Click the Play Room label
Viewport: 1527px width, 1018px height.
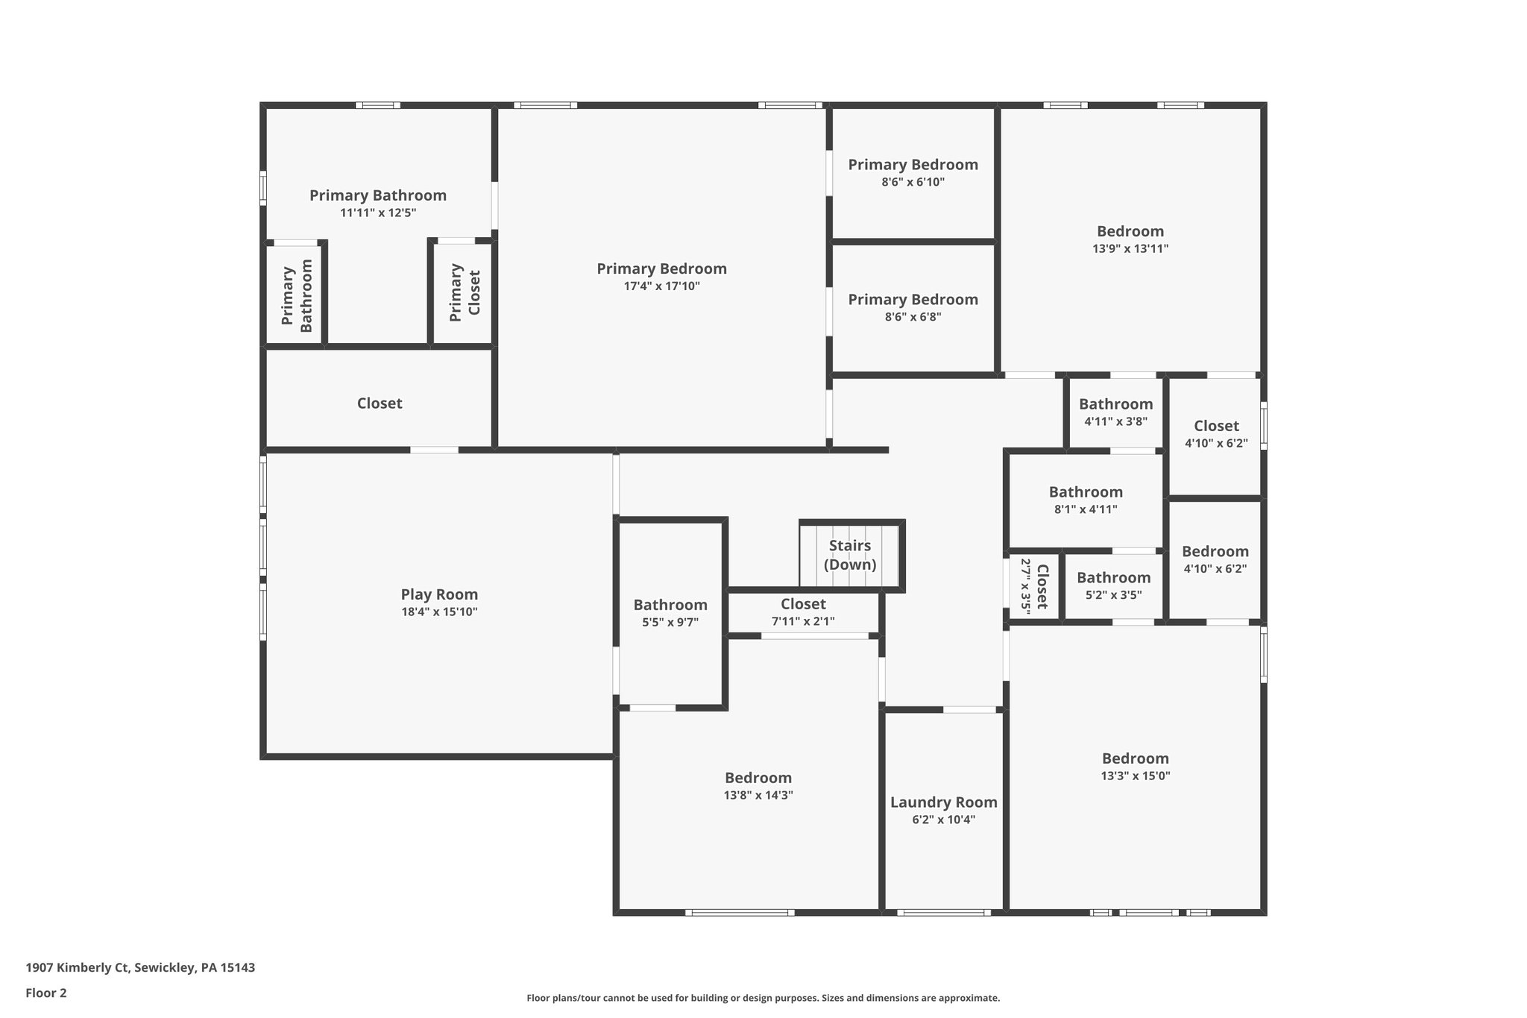point(439,594)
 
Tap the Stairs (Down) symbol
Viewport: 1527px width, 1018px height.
point(852,556)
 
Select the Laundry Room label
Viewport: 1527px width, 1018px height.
point(943,802)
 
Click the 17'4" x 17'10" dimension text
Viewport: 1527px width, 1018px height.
point(662,286)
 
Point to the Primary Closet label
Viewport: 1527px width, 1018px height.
point(465,293)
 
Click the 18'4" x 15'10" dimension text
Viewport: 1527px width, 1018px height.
point(439,612)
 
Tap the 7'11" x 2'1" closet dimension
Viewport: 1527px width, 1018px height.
point(803,621)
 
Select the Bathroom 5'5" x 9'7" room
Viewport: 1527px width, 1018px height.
point(670,612)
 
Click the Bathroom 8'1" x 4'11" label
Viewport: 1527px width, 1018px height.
point(1086,492)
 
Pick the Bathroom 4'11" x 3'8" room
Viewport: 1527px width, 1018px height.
point(1115,412)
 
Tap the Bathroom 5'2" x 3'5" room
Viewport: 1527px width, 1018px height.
point(1113,586)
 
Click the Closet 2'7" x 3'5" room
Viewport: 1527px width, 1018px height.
point(1034,586)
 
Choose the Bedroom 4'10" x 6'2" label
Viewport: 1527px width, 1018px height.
point(1215,551)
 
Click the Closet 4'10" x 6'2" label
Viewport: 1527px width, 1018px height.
point(1216,426)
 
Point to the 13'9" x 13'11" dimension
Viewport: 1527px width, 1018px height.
point(1130,248)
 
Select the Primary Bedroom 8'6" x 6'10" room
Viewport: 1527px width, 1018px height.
point(913,172)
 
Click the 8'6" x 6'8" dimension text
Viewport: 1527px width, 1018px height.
point(913,316)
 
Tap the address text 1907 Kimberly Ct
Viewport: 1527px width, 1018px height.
point(79,968)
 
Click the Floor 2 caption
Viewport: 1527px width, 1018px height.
point(46,993)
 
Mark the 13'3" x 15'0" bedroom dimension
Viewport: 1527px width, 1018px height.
point(1136,776)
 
